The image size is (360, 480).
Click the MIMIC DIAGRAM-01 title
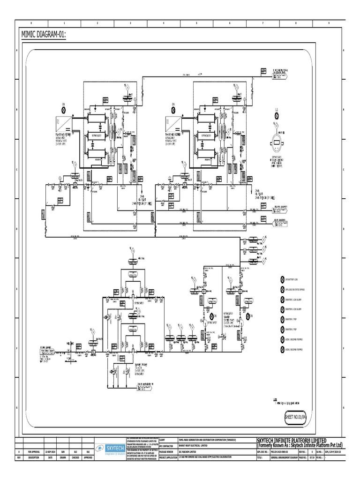pos(43,35)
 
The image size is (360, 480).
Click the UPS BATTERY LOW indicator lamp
pos(282,279)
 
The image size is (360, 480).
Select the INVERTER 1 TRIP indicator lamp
pos(282,320)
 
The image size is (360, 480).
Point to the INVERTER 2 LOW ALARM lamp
pos(282,309)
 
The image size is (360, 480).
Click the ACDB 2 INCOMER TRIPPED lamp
pos(282,350)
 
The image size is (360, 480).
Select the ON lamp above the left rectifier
pos(64,110)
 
